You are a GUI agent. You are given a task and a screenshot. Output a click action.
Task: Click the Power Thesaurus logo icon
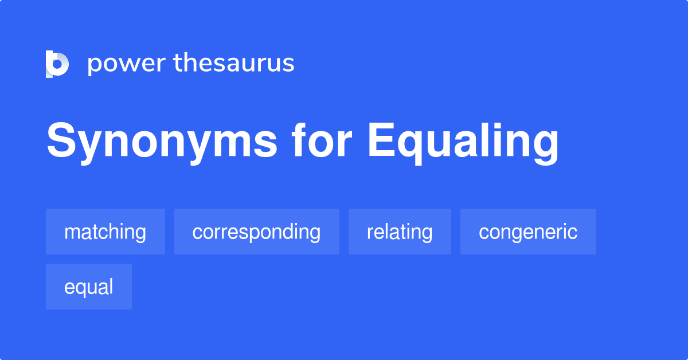(57, 64)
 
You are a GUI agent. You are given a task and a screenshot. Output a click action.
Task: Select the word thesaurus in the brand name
(234, 63)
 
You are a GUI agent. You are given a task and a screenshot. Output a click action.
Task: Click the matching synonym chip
(105, 232)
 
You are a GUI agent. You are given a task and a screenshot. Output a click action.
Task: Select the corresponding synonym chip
(256, 232)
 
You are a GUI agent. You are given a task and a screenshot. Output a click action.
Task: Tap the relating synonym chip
(400, 232)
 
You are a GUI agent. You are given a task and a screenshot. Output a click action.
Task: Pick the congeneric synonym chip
(528, 232)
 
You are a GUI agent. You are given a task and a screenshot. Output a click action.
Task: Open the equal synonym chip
(89, 287)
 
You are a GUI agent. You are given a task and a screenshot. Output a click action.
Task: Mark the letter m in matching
(72, 233)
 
